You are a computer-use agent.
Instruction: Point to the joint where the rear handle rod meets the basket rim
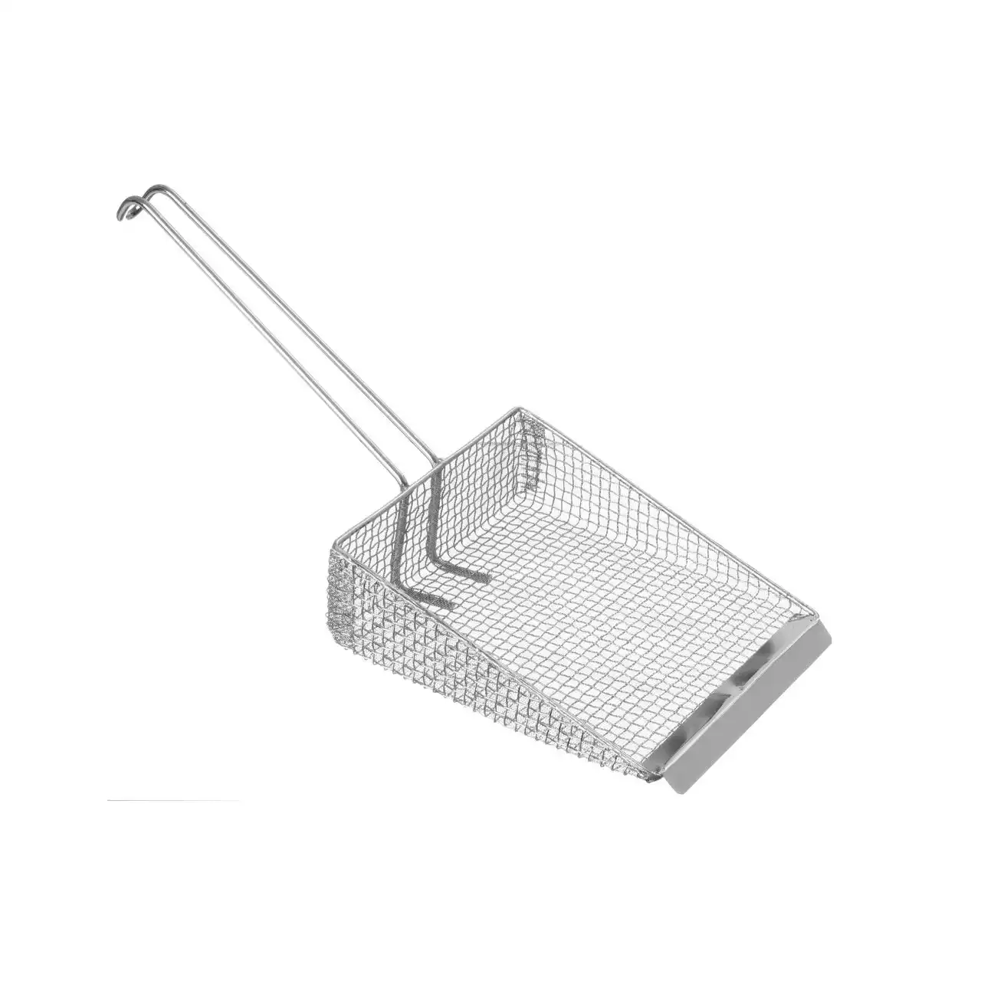click(441, 461)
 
